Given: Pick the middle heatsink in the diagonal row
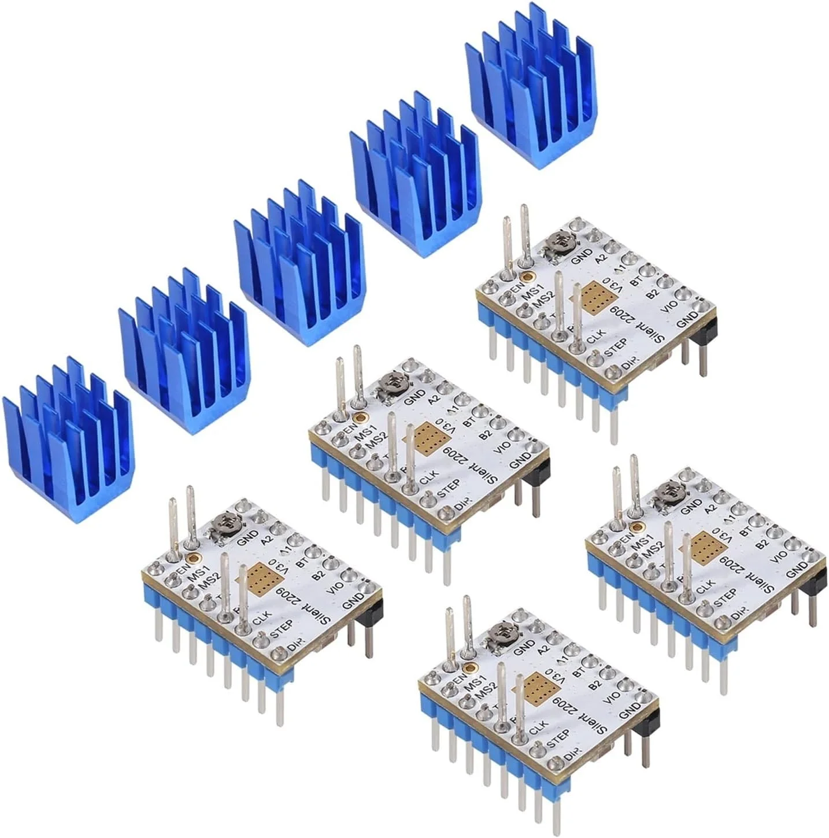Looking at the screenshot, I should [298, 266].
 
